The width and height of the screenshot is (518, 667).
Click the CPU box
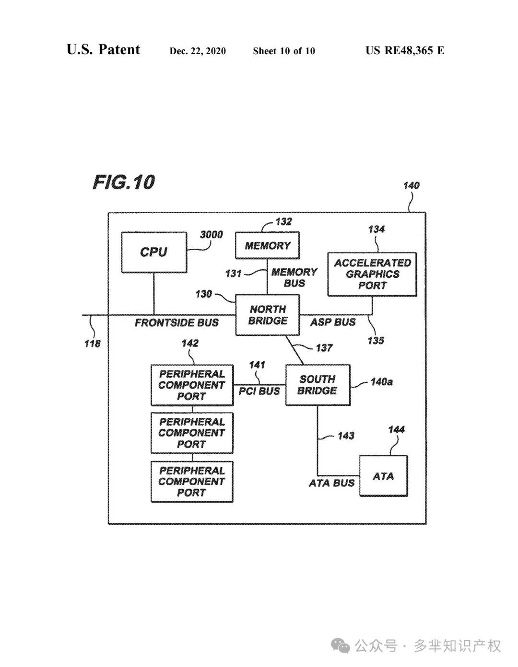click(154, 253)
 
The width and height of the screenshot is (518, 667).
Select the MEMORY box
click(267, 245)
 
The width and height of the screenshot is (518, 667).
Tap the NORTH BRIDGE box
click(267, 315)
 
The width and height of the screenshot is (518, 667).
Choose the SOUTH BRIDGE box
click(318, 385)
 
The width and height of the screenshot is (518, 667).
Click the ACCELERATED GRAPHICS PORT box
click(372, 274)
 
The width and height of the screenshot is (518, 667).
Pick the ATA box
click(383, 476)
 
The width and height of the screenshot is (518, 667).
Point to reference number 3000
click(211, 235)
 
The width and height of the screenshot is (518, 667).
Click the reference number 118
click(93, 344)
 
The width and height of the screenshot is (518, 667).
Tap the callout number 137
click(324, 348)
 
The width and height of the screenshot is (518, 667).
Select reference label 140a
click(382, 382)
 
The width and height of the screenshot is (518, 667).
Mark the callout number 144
click(396, 430)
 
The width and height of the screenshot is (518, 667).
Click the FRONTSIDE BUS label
click(177, 322)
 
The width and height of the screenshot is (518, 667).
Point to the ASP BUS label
click(333, 322)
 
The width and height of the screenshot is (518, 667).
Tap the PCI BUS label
click(259, 391)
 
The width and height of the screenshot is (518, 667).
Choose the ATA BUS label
click(332, 483)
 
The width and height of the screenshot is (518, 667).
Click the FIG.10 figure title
click(124, 183)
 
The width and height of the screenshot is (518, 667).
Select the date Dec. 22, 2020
click(198, 51)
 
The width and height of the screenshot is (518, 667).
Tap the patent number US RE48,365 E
click(405, 50)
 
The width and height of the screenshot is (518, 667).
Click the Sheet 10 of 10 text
click(284, 51)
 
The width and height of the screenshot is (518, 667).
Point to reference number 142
click(190, 343)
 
